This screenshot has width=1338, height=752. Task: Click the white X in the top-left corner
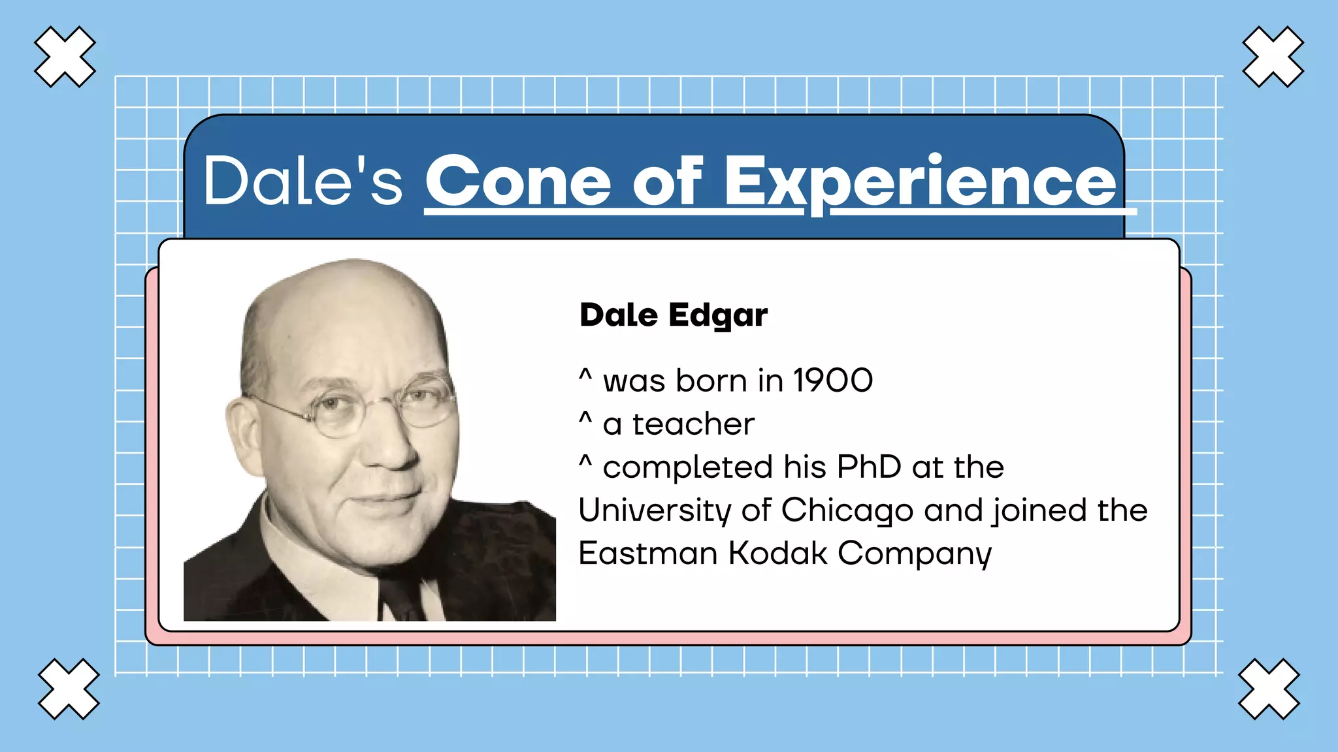coord(65,57)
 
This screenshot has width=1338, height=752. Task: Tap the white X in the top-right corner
coord(1273,57)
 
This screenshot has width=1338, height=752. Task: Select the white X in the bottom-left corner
coord(69,689)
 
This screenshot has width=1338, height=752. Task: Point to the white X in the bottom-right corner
coord(1269,689)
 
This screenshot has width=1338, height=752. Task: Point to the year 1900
coord(832,381)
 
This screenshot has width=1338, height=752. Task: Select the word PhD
coord(869,467)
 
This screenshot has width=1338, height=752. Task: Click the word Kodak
coord(777,554)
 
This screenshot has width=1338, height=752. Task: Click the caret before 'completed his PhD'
coord(585,461)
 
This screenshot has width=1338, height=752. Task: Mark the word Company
coord(915,554)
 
